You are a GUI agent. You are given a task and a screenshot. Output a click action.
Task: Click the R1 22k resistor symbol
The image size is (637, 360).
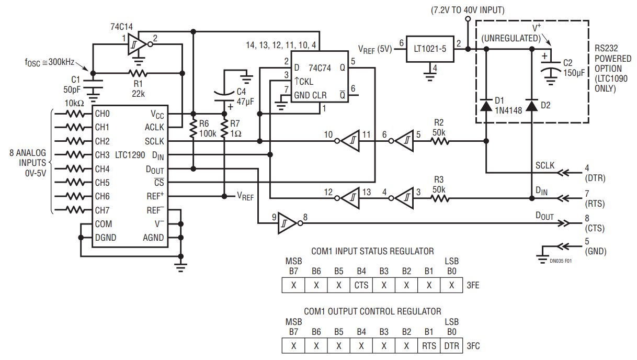pyautogui.click(x=139, y=73)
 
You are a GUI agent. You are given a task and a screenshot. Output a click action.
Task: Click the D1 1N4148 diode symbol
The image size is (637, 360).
pyautogui.click(x=486, y=105)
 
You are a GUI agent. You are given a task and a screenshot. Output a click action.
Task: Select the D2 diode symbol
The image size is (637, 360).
pyautogui.click(x=531, y=105)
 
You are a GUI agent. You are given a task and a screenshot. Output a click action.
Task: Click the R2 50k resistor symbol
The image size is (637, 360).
pyautogui.click(x=439, y=141)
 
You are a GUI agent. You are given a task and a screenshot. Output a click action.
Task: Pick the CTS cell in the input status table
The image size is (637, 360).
pyautogui.click(x=361, y=286)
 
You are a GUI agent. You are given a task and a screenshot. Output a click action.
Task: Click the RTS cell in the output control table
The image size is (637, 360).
pyautogui.click(x=428, y=346)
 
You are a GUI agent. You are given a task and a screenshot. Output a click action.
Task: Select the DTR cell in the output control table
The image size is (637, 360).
pyautogui.click(x=451, y=346)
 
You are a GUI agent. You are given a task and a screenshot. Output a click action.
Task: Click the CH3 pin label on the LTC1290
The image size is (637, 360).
pyautogui.click(x=102, y=155)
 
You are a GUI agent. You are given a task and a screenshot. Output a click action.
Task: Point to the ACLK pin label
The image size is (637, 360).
pyautogui.click(x=154, y=127)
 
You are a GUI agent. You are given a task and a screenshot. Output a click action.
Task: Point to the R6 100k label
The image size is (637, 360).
pyautogui.click(x=207, y=129)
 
